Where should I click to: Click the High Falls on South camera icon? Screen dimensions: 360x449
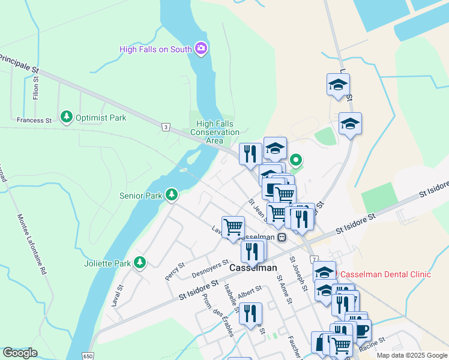[x=200, y=49]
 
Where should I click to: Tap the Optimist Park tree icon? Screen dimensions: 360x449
[x=67, y=117]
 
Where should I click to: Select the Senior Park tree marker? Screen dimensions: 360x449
[x=172, y=194]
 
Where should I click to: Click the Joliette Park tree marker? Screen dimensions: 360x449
[x=140, y=262]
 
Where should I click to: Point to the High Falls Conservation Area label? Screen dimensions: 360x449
[x=214, y=132]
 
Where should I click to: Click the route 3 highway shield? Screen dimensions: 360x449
[x=166, y=126]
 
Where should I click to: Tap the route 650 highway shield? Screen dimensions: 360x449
[x=88, y=355]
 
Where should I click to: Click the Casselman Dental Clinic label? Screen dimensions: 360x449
[x=385, y=274]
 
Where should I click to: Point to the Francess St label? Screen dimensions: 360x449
[x=34, y=120]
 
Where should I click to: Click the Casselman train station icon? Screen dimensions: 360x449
[x=282, y=237]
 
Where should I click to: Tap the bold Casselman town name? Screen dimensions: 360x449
[x=253, y=268]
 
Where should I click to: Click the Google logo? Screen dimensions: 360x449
[x=20, y=353]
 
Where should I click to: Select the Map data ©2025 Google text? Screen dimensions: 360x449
[x=412, y=355]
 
